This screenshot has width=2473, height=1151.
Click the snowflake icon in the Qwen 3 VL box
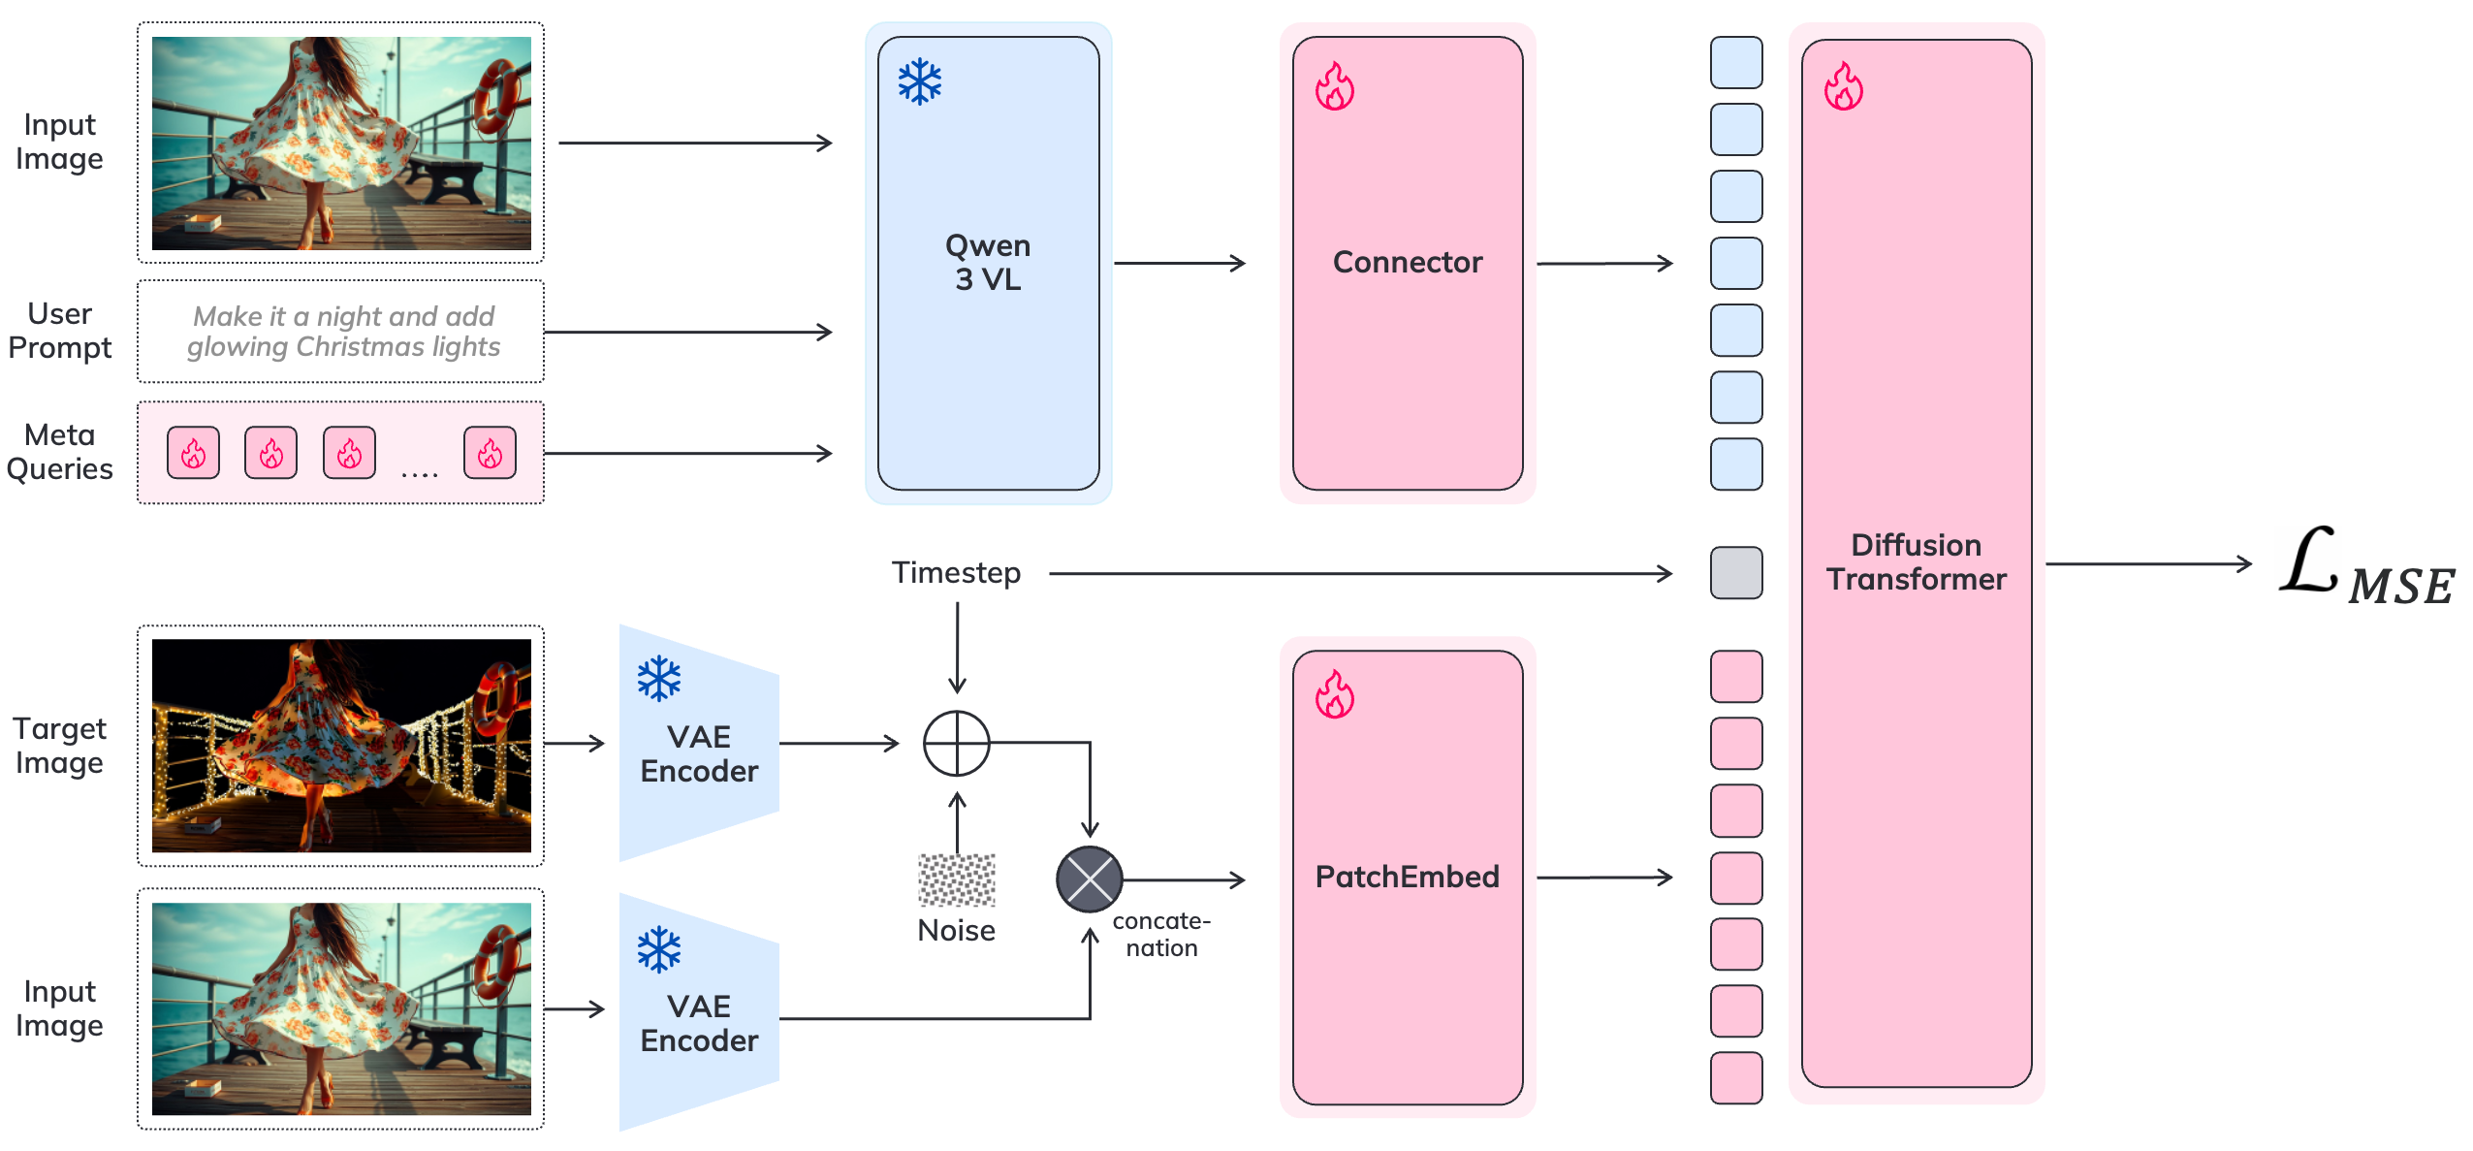pyautogui.click(x=919, y=82)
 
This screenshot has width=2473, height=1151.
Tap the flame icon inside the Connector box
pyautogui.click(x=1334, y=87)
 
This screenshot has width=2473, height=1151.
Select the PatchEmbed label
pyautogui.click(x=1407, y=877)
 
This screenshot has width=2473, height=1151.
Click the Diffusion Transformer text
pyautogui.click(x=1916, y=561)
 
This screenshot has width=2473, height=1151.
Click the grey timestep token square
pyautogui.click(x=1735, y=573)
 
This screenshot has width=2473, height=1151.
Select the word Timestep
pyautogui.click(x=956, y=573)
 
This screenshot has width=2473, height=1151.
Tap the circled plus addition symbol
pyautogui.click(x=956, y=744)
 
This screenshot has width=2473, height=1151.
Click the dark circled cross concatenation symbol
pyautogui.click(x=1089, y=879)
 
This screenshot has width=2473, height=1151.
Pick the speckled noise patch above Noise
pyautogui.click(x=956, y=879)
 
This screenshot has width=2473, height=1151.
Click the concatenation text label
pyautogui.click(x=1160, y=934)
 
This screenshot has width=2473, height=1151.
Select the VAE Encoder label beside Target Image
pyautogui.click(x=699, y=753)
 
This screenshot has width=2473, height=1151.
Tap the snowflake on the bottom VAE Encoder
pyautogui.click(x=659, y=949)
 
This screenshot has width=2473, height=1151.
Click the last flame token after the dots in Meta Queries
pyautogui.click(x=490, y=453)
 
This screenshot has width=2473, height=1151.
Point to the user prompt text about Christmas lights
pyautogui.click(x=343, y=332)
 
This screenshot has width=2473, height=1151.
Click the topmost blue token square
pyautogui.click(x=1735, y=62)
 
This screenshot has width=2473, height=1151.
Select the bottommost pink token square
pyautogui.click(x=1735, y=1077)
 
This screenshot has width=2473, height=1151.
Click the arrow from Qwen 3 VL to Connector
pyautogui.click(x=1179, y=263)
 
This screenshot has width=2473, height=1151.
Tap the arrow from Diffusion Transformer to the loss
pyautogui.click(x=2148, y=563)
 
